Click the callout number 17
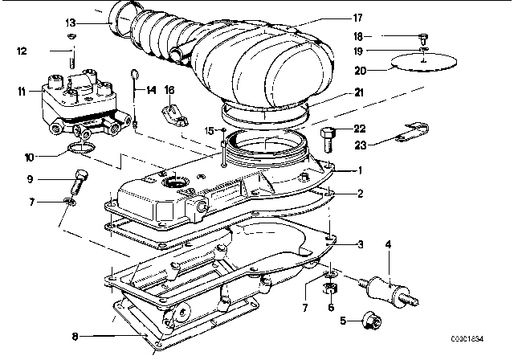click(357, 18)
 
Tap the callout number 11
click(22, 91)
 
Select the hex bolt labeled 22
click(328, 140)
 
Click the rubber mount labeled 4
click(390, 292)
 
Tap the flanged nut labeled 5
click(372, 321)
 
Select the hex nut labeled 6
click(330, 288)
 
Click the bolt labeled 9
click(79, 182)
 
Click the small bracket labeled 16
click(174, 115)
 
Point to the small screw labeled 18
click(423, 39)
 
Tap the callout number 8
click(75, 337)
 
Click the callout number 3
click(361, 244)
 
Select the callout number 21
click(359, 92)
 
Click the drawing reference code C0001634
click(467, 338)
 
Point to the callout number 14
click(150, 90)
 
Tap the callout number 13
click(71, 23)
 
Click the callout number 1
click(360, 170)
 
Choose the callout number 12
click(22, 51)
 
